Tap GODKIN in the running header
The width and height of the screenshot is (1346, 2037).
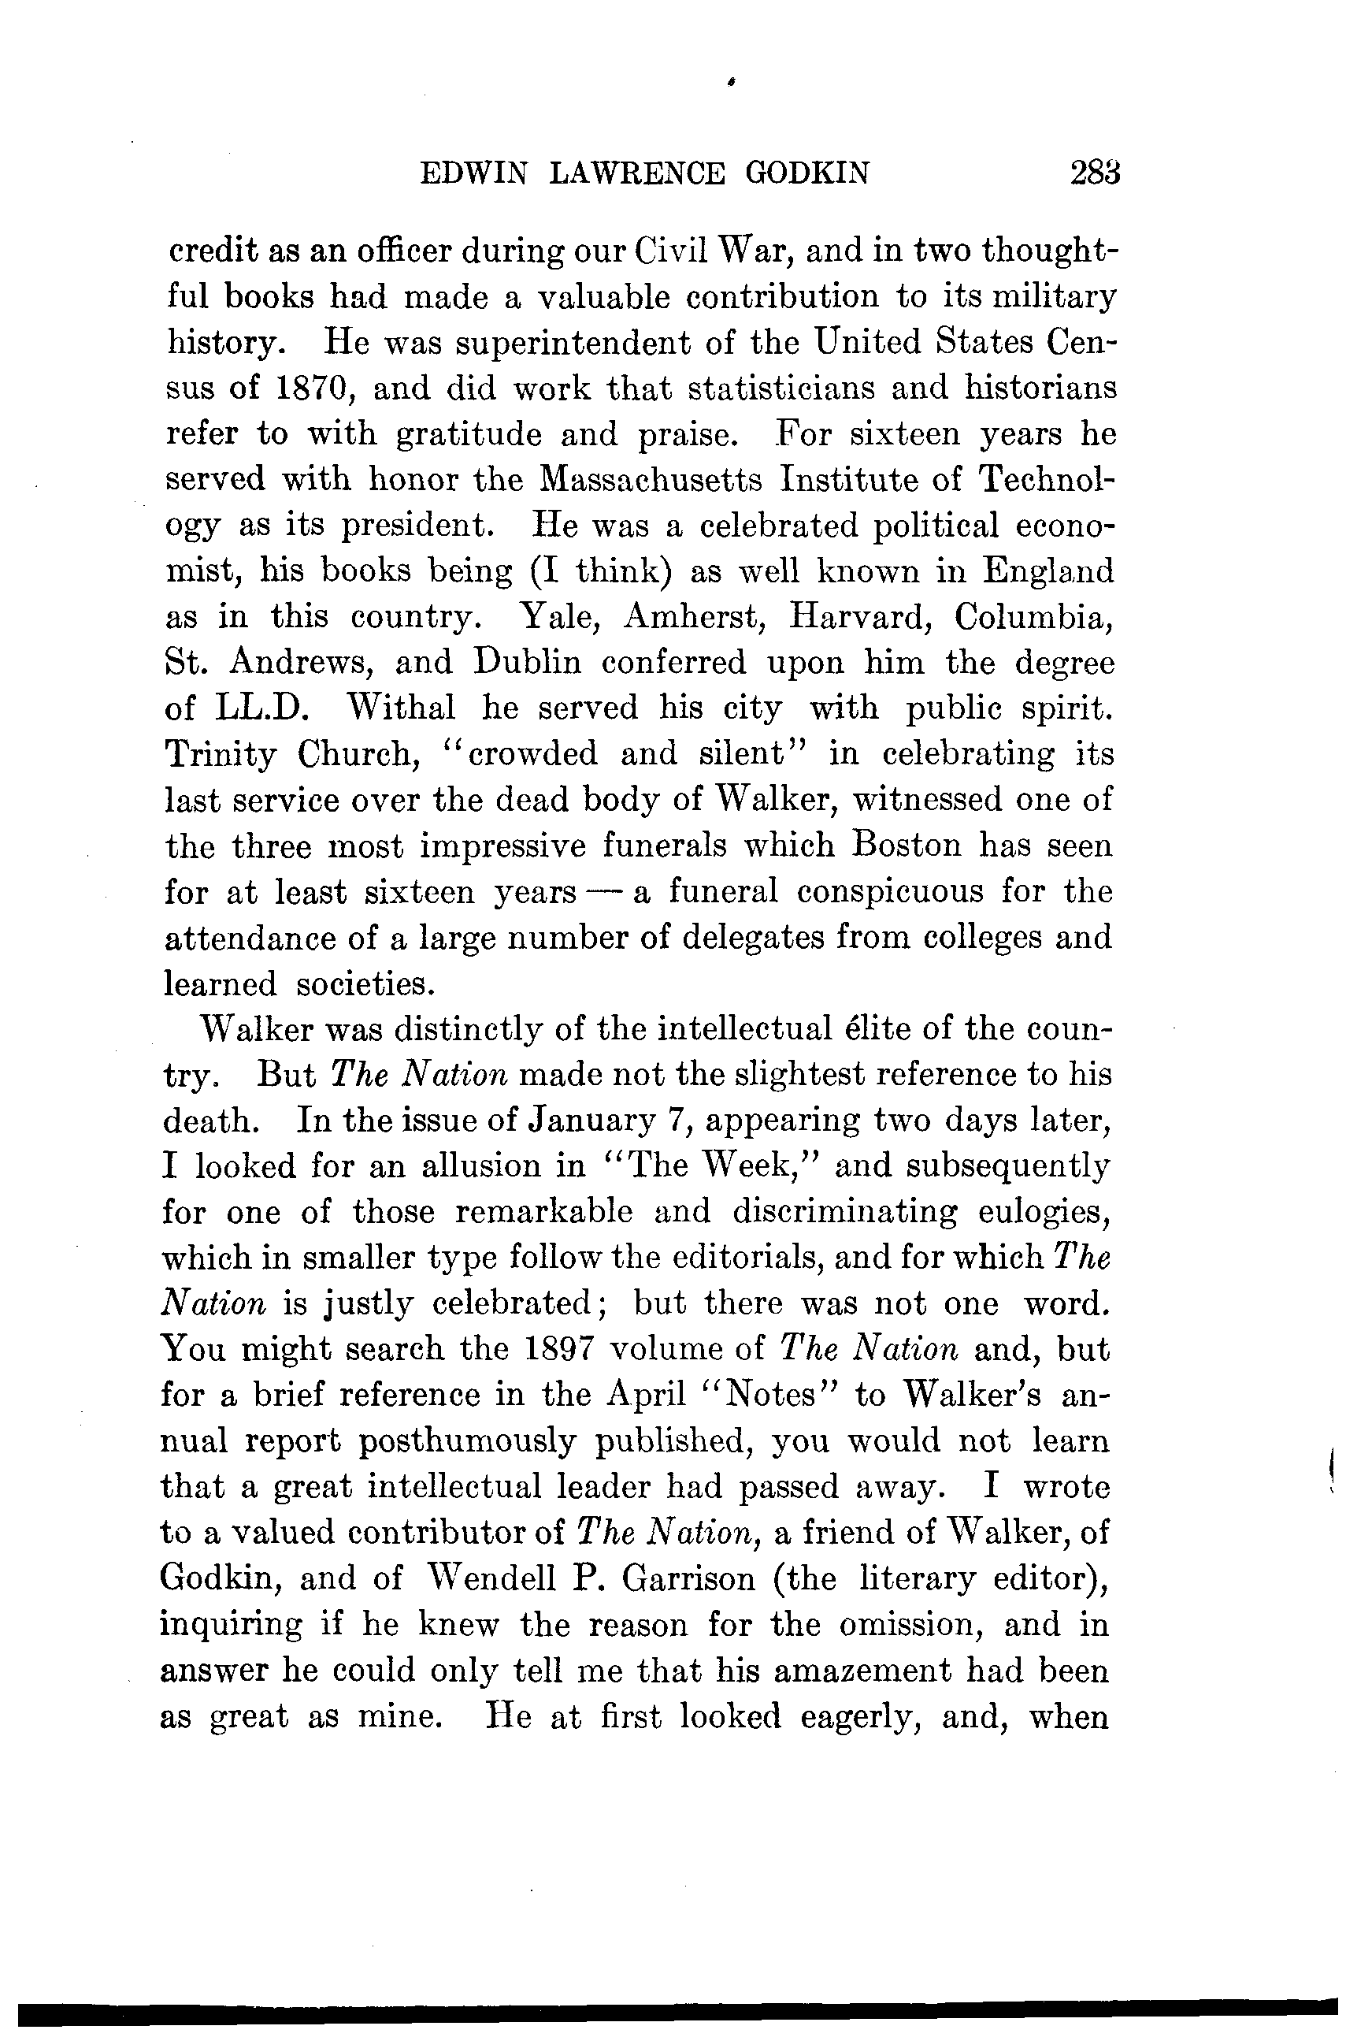click(807, 174)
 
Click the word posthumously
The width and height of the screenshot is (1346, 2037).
click(468, 1441)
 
